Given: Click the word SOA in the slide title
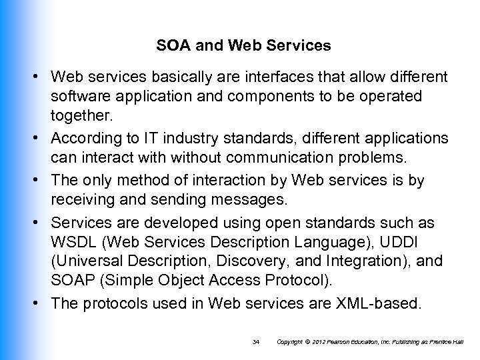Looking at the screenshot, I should coord(170,47).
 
